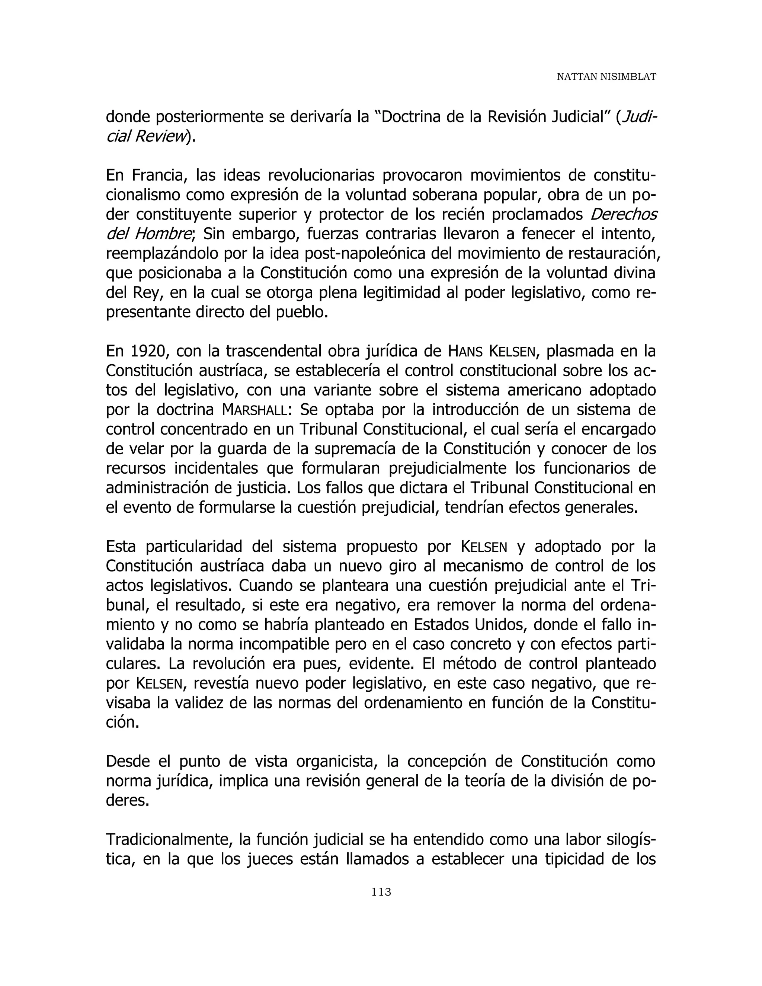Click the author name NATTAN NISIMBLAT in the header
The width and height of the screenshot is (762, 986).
606,77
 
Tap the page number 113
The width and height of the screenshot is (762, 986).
381,891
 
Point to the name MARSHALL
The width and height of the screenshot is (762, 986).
254,410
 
